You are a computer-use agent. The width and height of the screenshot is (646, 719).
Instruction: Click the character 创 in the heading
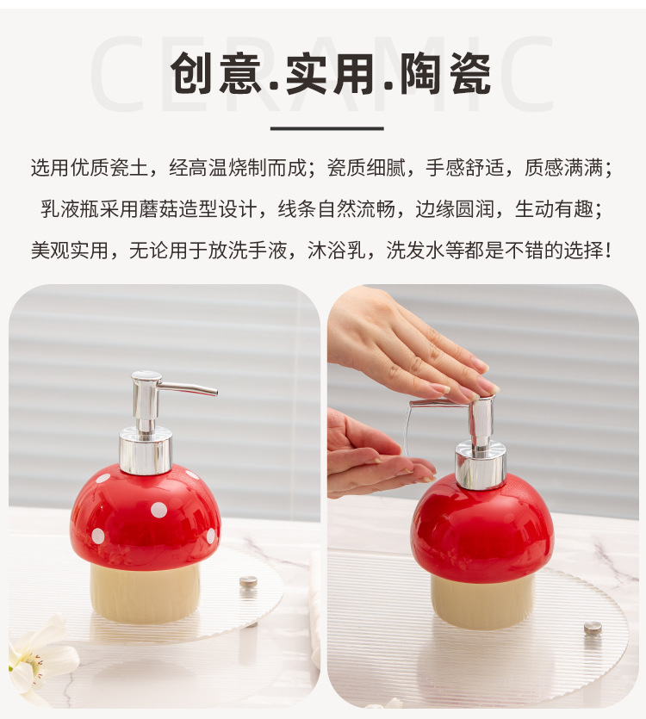coord(192,73)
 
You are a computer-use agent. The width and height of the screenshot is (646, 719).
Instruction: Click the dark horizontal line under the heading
coord(326,129)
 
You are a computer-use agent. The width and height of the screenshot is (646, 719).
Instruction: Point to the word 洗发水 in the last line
coord(415,251)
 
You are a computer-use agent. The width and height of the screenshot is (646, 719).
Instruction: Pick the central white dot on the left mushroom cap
coord(158,510)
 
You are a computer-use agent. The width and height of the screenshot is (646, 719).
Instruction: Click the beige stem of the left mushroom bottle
coord(145,593)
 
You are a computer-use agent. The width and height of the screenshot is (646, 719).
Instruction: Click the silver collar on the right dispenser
coord(481,464)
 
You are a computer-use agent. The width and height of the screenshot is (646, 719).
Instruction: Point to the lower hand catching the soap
coord(376,454)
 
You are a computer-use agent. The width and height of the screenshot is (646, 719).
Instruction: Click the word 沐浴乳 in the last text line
coord(336,251)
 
